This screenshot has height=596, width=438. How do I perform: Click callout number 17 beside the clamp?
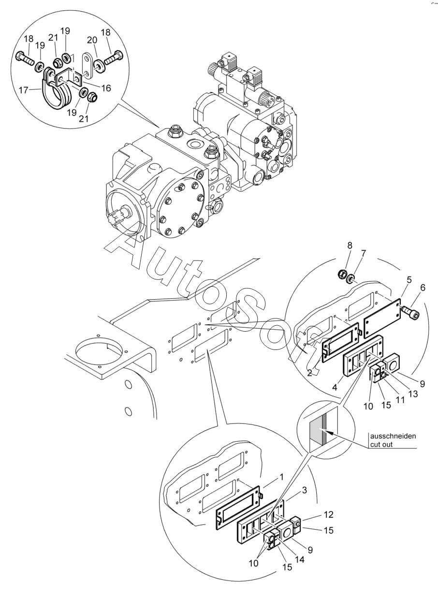coord(23,90)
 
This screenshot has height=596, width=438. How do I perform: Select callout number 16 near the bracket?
coord(106,88)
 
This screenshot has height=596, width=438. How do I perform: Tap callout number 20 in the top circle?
coord(92,40)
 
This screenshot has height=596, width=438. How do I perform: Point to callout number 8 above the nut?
coord(350,246)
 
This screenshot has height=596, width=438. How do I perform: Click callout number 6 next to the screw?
coord(409,280)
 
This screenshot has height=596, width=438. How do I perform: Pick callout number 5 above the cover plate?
coord(423,288)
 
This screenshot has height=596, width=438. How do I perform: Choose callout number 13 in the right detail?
coord(413,393)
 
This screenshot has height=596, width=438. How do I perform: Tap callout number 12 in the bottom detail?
coord(329,515)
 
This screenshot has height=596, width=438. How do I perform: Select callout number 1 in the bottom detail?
coord(282,477)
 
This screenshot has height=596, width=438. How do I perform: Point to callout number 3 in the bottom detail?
coord(305,490)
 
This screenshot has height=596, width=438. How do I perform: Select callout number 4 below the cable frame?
coord(335,387)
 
